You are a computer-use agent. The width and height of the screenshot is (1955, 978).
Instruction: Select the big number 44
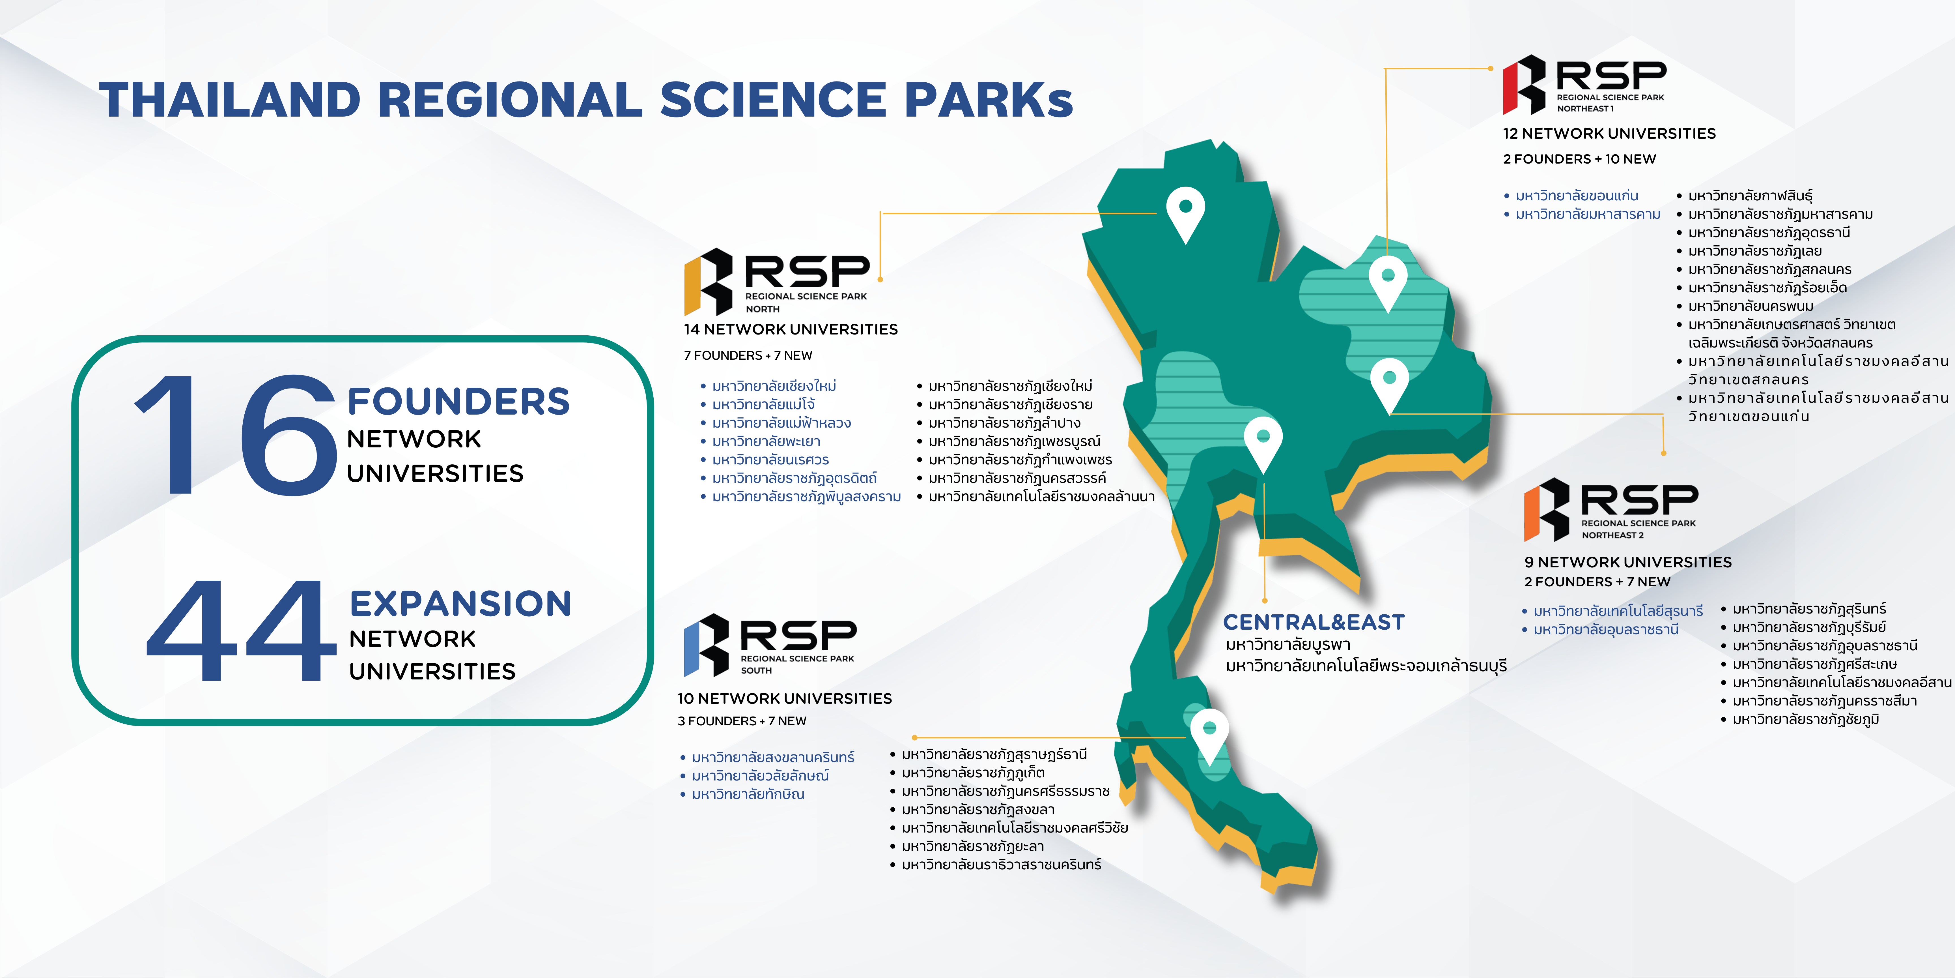pos(241,630)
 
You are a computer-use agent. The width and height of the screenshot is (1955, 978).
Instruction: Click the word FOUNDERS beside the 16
pos(458,402)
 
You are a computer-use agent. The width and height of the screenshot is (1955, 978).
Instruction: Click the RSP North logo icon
pos(708,281)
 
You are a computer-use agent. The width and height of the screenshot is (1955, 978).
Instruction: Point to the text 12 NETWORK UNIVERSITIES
pos(1609,134)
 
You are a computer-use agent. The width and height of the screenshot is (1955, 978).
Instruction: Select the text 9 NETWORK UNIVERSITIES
pos(1628,562)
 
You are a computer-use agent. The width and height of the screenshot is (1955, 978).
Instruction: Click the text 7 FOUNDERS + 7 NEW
pos(748,355)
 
